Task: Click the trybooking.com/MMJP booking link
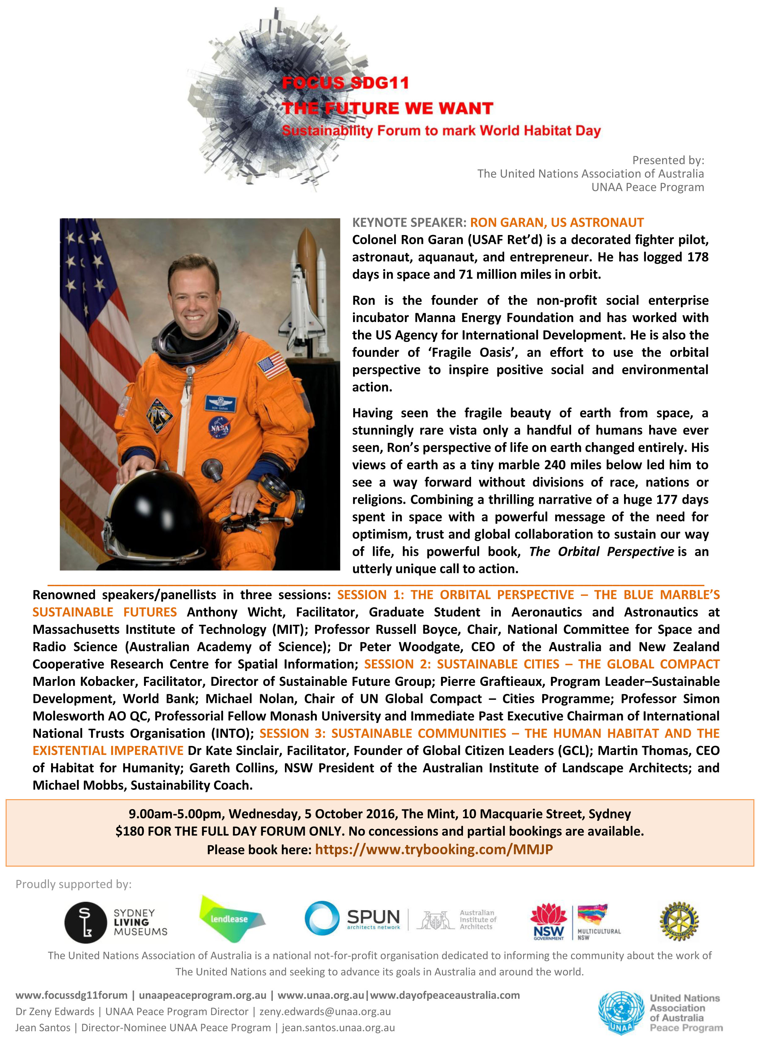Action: tap(434, 849)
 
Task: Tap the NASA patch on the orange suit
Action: tap(220, 427)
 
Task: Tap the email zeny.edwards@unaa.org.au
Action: tap(325, 1011)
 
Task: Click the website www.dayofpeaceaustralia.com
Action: tap(445, 995)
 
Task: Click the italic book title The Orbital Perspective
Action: tap(601, 551)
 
